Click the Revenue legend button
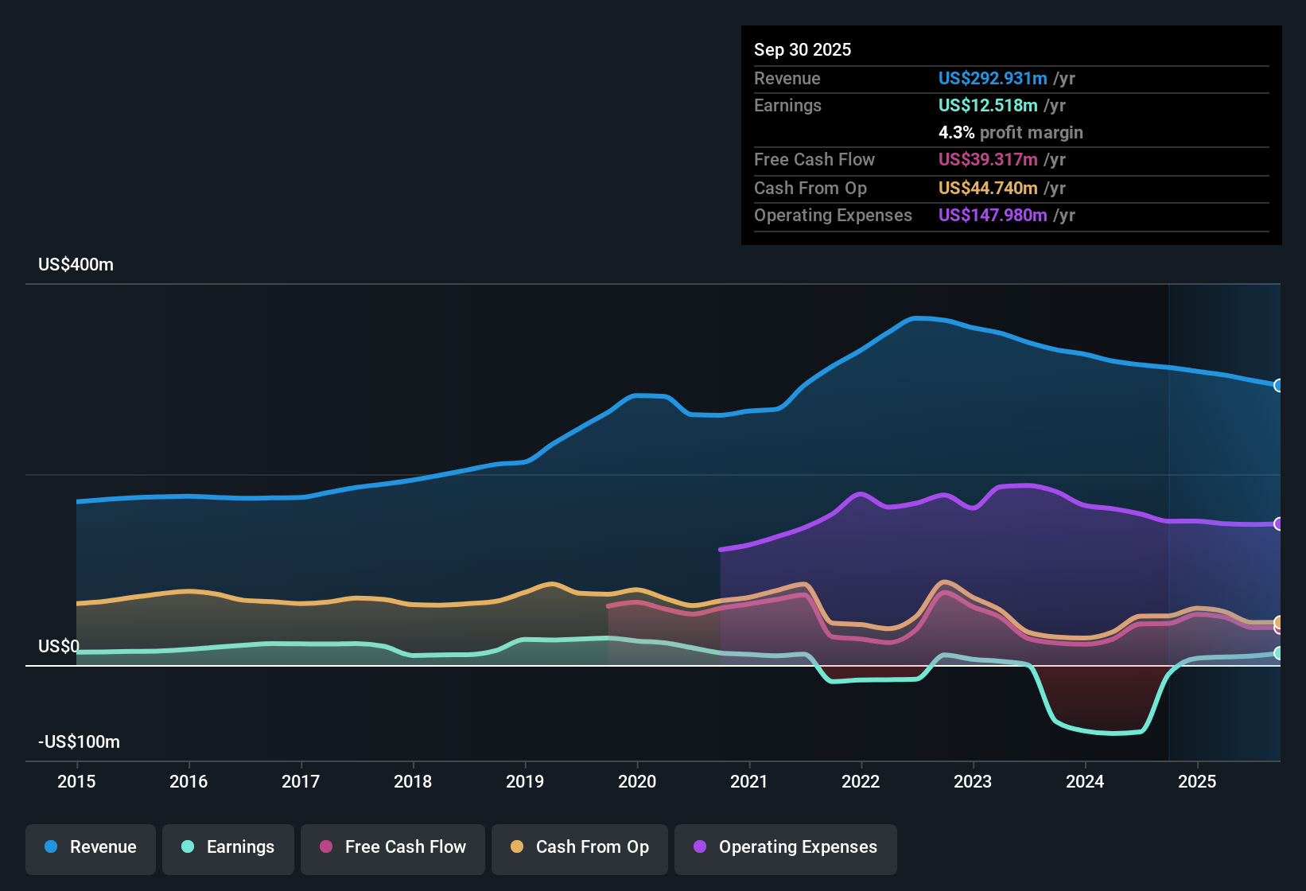click(91, 847)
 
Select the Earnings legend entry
click(228, 847)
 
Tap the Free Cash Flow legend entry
click(393, 847)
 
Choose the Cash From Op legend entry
click(580, 847)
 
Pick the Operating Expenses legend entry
click(786, 847)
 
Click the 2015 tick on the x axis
click(76, 781)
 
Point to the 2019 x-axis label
click(525, 781)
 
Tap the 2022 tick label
click(861, 781)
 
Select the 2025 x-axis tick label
click(1197, 781)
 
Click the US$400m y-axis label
click(76, 265)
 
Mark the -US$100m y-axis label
click(80, 742)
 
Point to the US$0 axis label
click(59, 646)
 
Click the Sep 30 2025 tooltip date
click(803, 50)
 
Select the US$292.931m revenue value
click(993, 79)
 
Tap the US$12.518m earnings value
click(988, 106)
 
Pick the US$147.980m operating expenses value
click(993, 216)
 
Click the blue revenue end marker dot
click(1279, 385)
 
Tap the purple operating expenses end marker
click(1279, 523)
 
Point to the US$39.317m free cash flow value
click(988, 160)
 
